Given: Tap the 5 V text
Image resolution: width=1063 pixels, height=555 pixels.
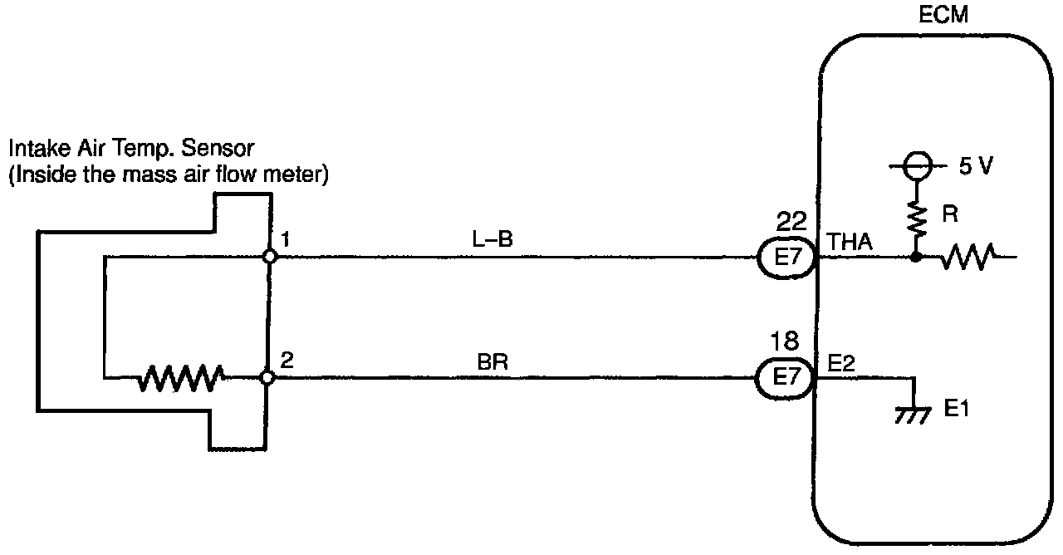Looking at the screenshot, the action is point(976,165).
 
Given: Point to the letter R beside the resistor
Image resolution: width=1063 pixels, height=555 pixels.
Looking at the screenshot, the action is point(952,215).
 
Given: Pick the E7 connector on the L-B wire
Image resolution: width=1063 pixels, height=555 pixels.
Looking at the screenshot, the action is point(785,257).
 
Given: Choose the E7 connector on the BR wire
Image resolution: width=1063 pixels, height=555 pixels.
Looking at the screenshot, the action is point(785,378).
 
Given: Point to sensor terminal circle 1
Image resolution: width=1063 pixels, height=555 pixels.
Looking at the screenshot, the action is point(268,257).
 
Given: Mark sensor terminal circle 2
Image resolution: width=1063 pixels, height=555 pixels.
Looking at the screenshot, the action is point(267,378).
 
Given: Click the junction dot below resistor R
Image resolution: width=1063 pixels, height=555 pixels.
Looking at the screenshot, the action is point(916,257).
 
